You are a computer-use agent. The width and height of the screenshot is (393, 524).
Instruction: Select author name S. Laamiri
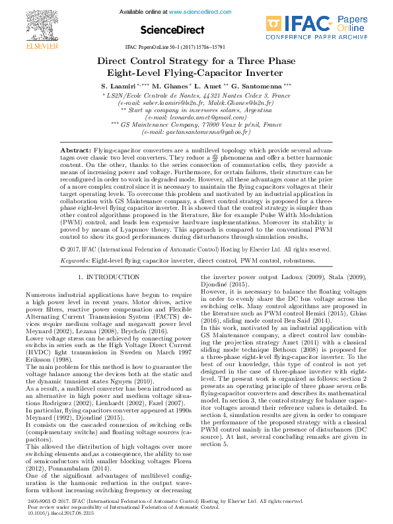[116, 87]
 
